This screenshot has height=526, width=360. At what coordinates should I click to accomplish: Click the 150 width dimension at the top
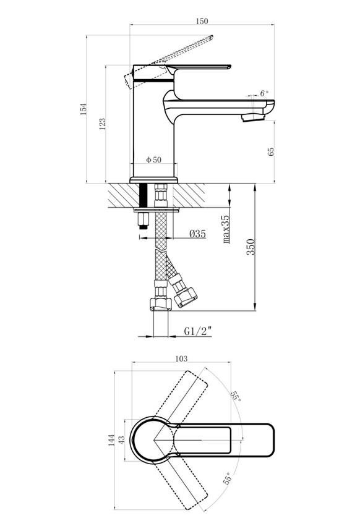point(202,21)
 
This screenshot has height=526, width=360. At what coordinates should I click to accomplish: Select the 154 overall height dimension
point(84,109)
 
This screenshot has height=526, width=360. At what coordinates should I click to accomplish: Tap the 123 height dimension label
point(103,124)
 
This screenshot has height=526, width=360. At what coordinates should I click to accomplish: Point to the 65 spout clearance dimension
point(272,151)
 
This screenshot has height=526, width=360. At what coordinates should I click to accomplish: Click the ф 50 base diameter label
point(153,159)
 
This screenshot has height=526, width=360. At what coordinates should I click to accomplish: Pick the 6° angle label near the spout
point(264,93)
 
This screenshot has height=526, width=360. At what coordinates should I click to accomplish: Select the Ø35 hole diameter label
point(197,234)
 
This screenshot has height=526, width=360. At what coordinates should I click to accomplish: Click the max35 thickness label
point(226,229)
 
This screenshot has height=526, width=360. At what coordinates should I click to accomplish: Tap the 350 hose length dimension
point(251,247)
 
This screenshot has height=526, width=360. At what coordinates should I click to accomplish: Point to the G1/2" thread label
point(198,331)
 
